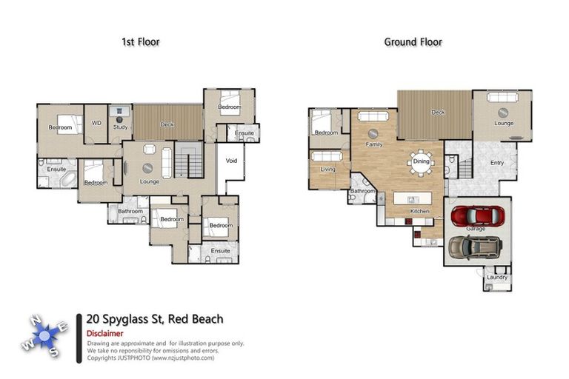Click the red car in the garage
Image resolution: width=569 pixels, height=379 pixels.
click(x=478, y=215)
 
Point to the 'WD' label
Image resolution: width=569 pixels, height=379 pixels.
click(x=96, y=123)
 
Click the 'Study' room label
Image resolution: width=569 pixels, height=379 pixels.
click(x=120, y=127)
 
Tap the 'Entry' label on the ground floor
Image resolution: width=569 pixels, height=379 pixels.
click(x=497, y=163)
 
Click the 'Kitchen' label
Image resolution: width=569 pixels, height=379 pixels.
click(x=419, y=212)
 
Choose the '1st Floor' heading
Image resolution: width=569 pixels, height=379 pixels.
click(x=140, y=42)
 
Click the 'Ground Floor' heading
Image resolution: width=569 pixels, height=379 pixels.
click(x=413, y=42)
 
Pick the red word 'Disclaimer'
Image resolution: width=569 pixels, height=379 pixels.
click(x=104, y=333)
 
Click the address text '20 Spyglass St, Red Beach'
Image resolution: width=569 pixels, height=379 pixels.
click(x=154, y=319)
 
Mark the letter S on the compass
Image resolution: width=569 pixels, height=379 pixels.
click(x=53, y=353)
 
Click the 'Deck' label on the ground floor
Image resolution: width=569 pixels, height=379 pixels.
click(x=438, y=113)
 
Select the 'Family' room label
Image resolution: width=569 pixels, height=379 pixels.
click(x=373, y=144)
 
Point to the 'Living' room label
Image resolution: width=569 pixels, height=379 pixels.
click(x=327, y=170)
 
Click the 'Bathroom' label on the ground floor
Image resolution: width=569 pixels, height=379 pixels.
click(x=362, y=191)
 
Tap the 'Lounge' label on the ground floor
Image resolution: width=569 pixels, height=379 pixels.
click(x=504, y=123)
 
